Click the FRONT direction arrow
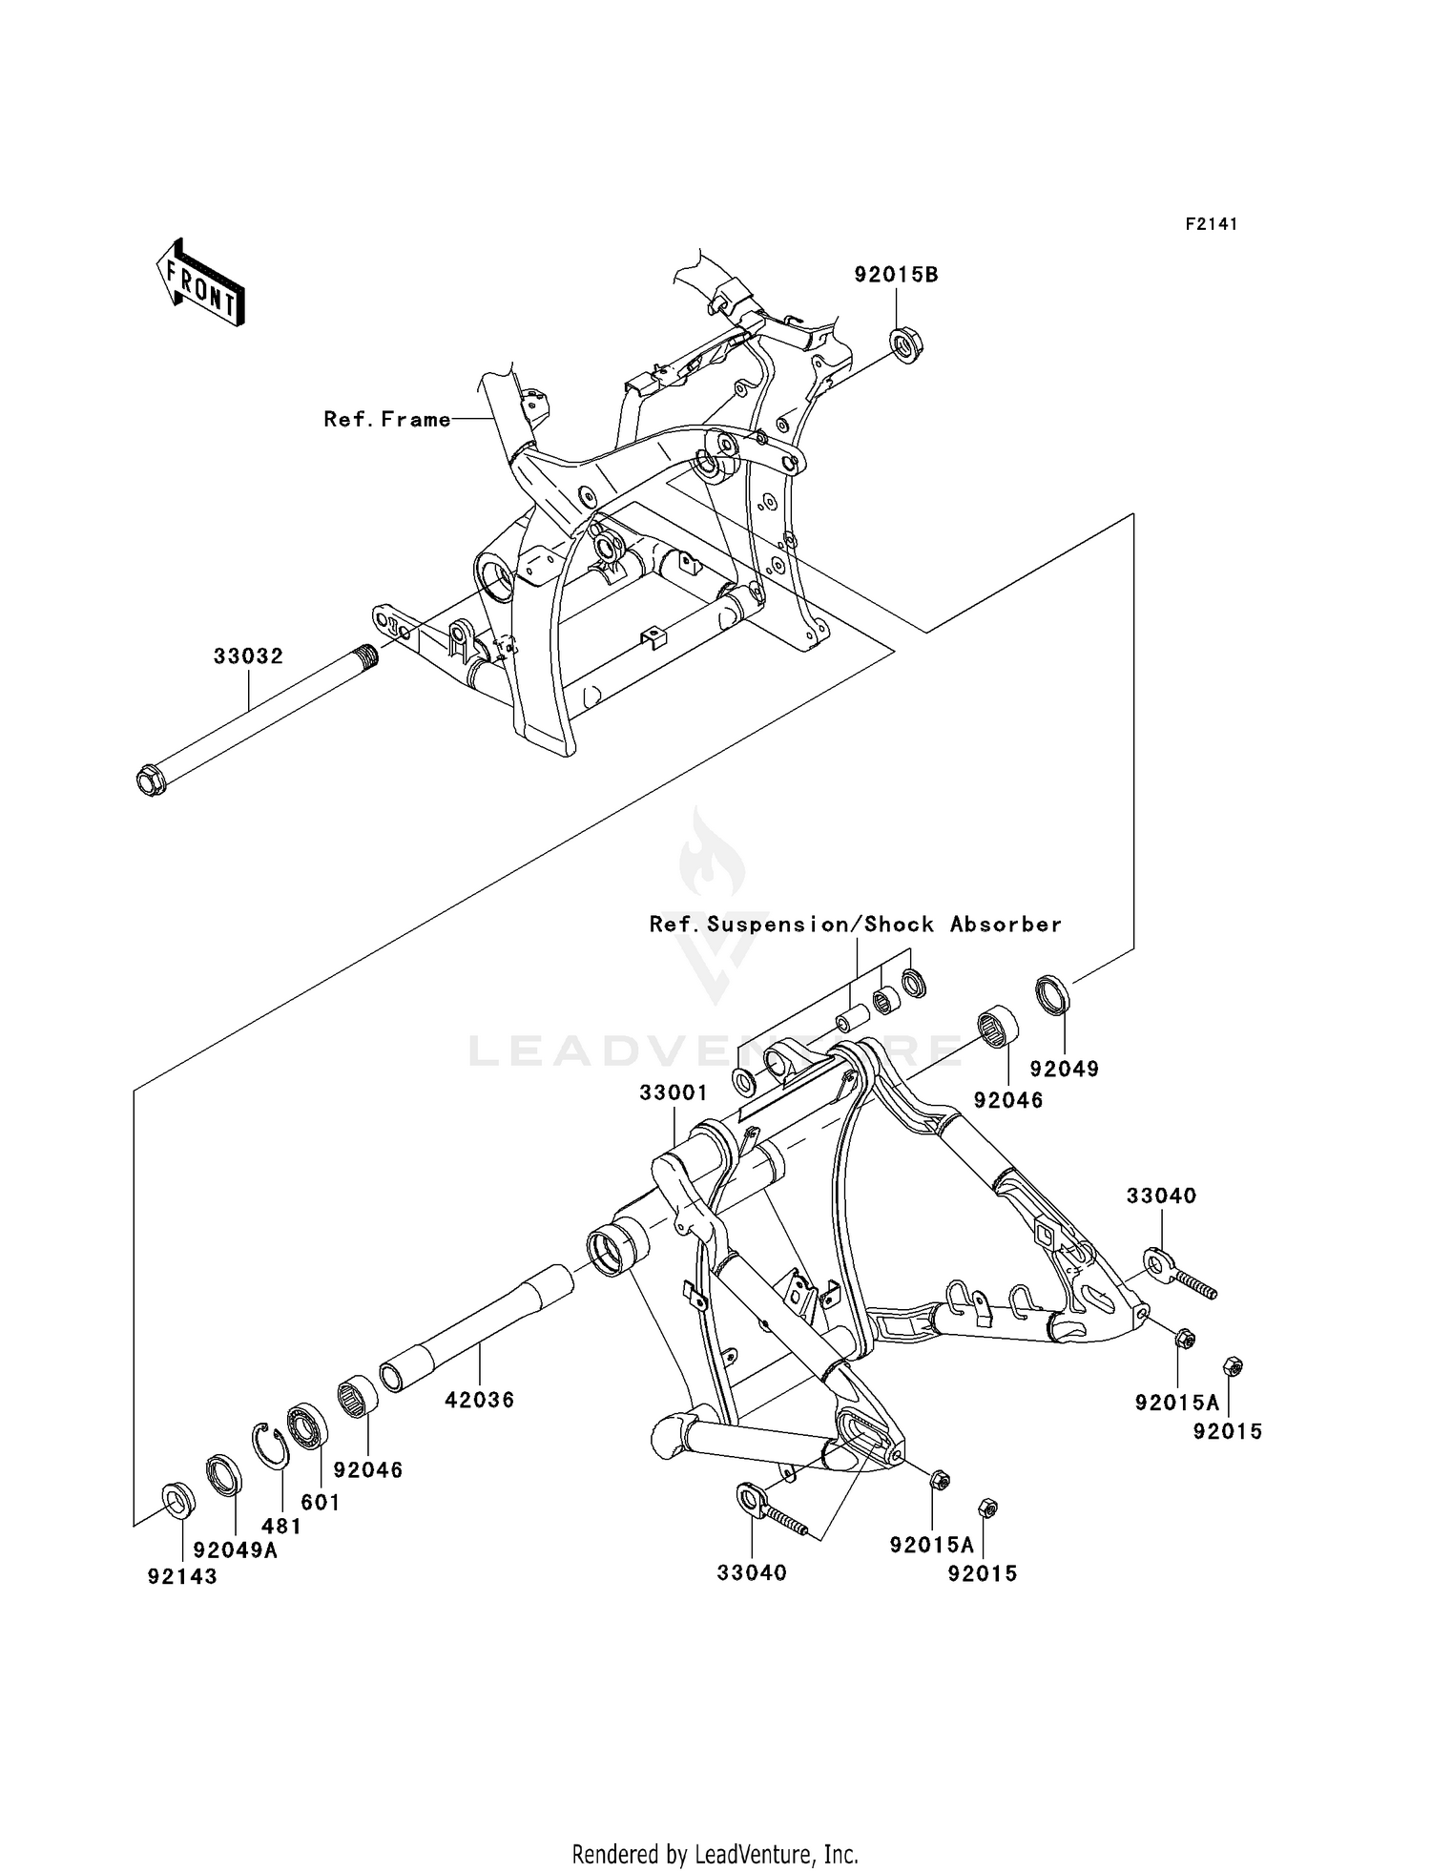(x=199, y=283)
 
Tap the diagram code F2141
(x=1211, y=224)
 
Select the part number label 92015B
(x=896, y=275)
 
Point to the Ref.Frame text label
(x=386, y=419)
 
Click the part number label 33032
(x=248, y=656)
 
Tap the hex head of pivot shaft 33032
(x=152, y=781)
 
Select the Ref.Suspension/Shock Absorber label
(x=855, y=924)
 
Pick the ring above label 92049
(x=1052, y=992)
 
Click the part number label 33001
(x=673, y=1093)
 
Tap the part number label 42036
(x=479, y=1400)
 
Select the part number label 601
(x=321, y=1502)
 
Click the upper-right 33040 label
(x=1161, y=1196)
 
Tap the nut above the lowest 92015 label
(x=988, y=1508)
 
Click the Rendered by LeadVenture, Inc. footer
(x=715, y=1854)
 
